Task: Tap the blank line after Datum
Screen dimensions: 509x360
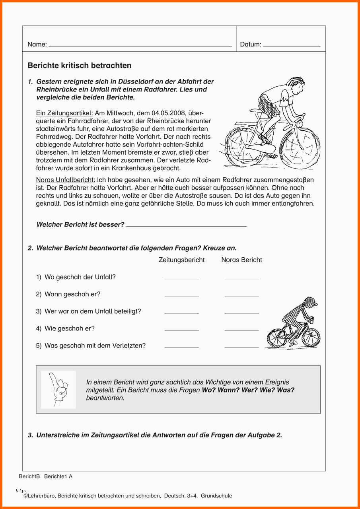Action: tap(292, 46)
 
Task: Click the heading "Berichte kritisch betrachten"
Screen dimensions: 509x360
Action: tap(80, 66)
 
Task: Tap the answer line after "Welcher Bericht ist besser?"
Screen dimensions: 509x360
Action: tap(186, 226)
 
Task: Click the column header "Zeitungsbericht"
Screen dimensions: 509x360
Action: tap(181, 260)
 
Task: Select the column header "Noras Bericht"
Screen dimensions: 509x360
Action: tap(241, 260)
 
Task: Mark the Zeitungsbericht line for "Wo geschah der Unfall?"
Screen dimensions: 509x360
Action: tap(181, 278)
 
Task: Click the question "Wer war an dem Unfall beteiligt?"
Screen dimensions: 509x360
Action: tap(93, 311)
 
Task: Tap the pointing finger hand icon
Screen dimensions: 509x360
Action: tap(58, 389)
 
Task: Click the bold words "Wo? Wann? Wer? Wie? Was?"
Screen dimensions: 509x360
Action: tap(248, 390)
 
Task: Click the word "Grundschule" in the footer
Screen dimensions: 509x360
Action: tap(216, 496)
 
